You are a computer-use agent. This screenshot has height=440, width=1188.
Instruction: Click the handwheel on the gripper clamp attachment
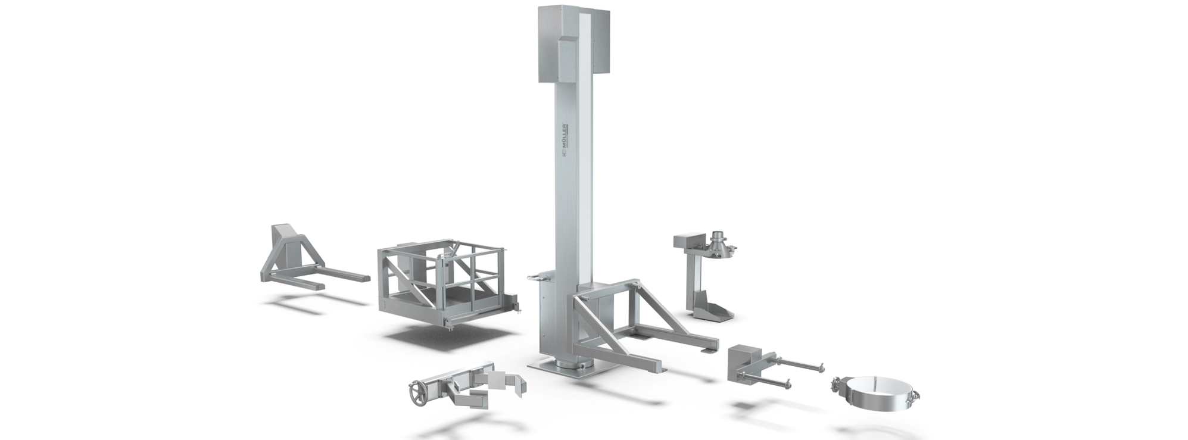click(x=416, y=393)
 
